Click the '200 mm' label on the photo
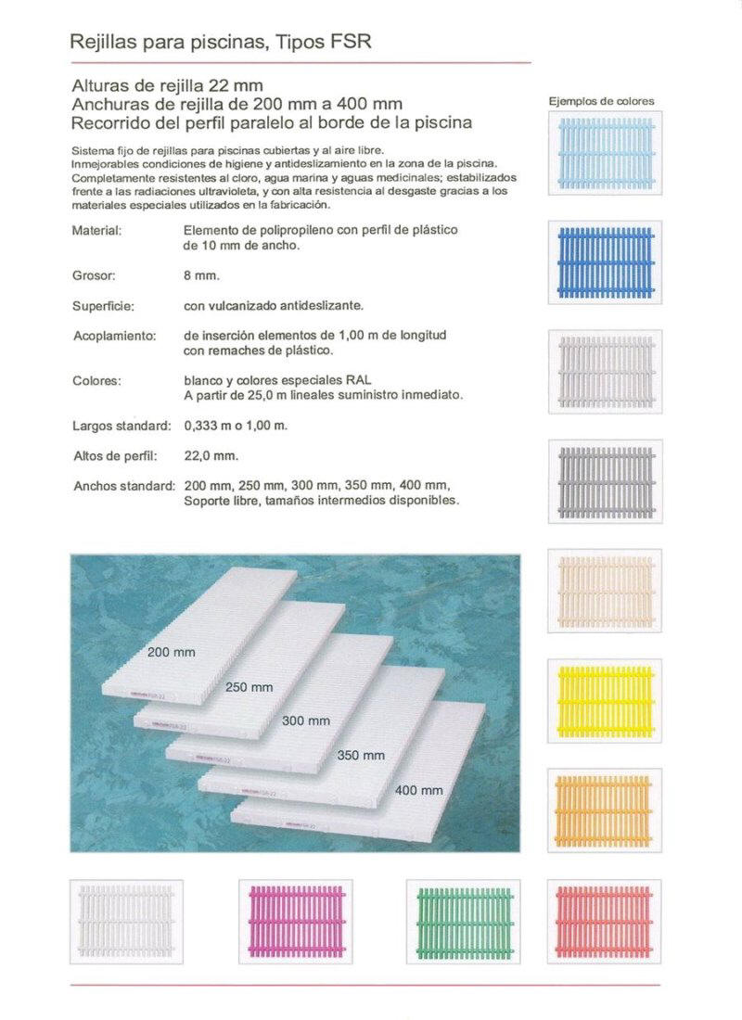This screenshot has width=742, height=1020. pos(172,653)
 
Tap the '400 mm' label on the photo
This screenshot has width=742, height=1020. pos(419,791)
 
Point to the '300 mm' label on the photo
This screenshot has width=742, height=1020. pos(306,720)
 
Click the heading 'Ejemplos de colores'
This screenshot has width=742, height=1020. pos(601,101)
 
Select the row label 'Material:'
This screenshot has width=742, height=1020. pos(96,229)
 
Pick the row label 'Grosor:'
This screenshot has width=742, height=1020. pos(93,275)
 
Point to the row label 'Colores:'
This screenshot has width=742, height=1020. pos(96,380)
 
